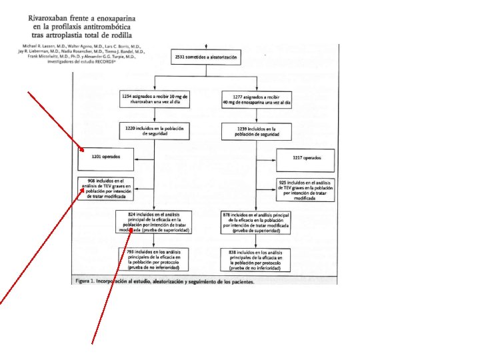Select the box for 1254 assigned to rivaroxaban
(155, 99)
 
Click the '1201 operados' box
(105, 158)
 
